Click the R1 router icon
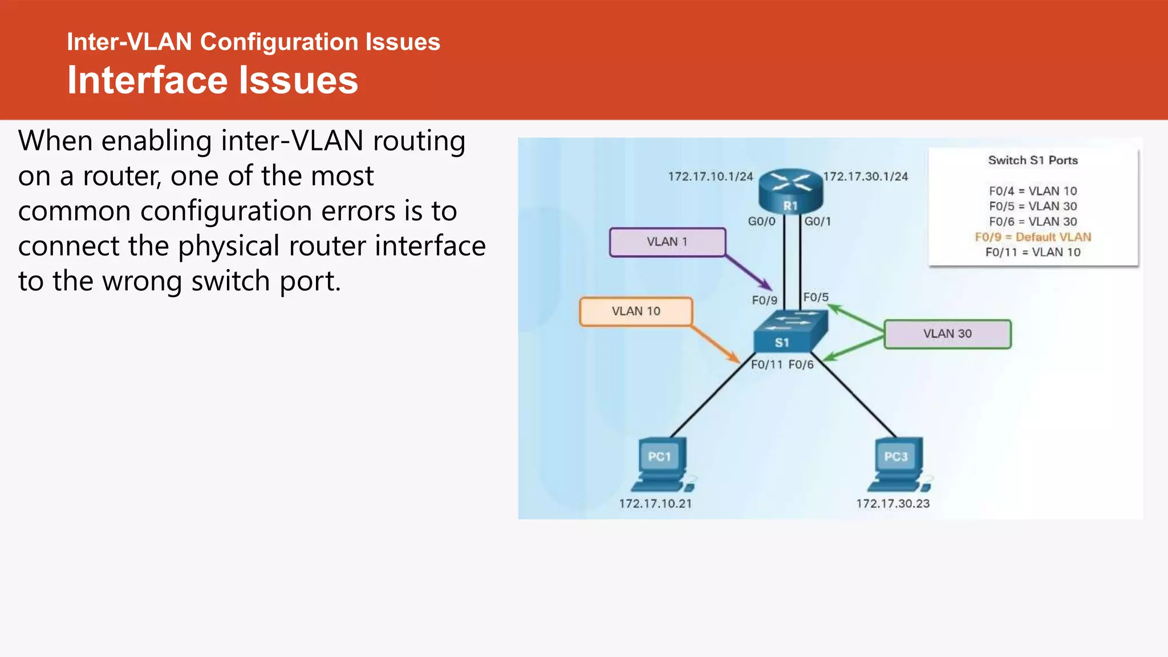pyautogui.click(x=790, y=191)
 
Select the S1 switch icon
pyautogui.click(x=789, y=332)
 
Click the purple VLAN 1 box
pyautogui.click(x=667, y=242)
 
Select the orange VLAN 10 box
pyautogui.click(x=636, y=311)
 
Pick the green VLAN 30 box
pyautogui.click(x=947, y=334)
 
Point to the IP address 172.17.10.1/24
pyautogui.click(x=711, y=177)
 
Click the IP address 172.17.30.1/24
pyautogui.click(x=865, y=177)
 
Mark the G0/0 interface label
pyautogui.click(x=761, y=221)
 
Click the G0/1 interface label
pyautogui.click(x=817, y=221)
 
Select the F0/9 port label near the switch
pyautogui.click(x=764, y=300)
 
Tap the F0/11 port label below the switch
pyautogui.click(x=766, y=364)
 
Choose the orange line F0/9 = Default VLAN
pyautogui.click(x=1033, y=237)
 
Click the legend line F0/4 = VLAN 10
pyautogui.click(x=1033, y=191)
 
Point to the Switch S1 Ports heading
pyautogui.click(x=1033, y=160)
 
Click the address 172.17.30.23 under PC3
pyautogui.click(x=893, y=504)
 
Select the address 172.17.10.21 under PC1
pyautogui.click(x=655, y=504)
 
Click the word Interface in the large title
pyautogui.click(x=148, y=80)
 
